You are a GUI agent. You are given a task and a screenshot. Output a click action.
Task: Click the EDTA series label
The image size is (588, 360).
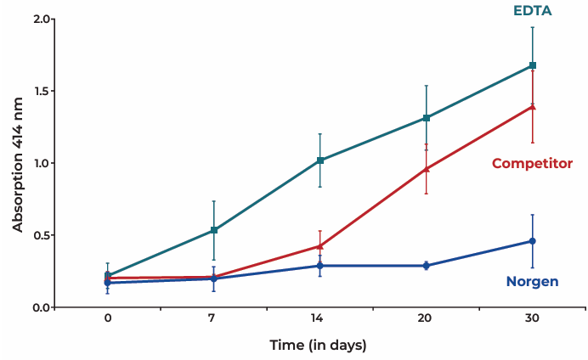click(x=533, y=10)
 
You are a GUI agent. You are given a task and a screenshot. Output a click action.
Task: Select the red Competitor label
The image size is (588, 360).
click(x=532, y=163)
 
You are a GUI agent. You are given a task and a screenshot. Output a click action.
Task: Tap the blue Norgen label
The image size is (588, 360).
click(x=532, y=281)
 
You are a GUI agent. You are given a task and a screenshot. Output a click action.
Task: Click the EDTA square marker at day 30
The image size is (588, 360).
click(x=533, y=65)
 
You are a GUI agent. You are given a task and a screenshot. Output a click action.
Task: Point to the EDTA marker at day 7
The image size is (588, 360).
click(x=214, y=230)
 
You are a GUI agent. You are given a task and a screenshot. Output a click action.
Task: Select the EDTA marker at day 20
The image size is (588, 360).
click(x=427, y=118)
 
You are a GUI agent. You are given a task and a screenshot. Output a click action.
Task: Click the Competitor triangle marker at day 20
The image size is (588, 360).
click(x=427, y=168)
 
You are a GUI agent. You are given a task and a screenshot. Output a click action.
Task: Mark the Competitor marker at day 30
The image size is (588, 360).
click(x=533, y=106)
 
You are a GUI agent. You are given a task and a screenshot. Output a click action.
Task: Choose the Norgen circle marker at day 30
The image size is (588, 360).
click(x=533, y=241)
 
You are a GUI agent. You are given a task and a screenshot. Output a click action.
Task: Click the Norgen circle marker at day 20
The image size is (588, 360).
click(x=427, y=266)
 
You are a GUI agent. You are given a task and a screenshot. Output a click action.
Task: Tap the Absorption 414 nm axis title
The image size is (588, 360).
click(x=18, y=163)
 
